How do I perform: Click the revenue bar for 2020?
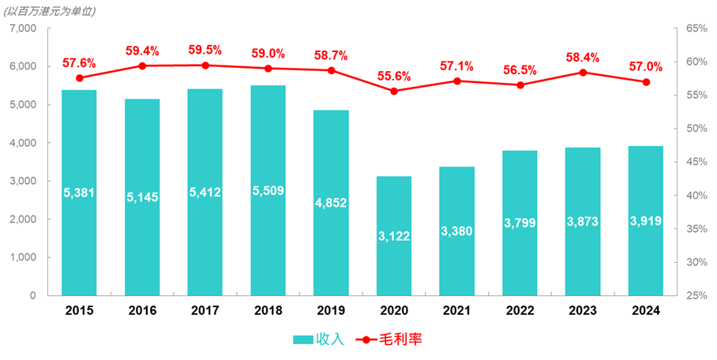tap(394, 236)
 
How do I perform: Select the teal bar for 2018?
tap(268, 190)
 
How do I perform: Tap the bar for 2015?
tap(79, 193)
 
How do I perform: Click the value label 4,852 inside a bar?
tap(331, 203)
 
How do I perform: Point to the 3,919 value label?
tap(646, 221)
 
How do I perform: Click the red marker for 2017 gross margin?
tap(205, 66)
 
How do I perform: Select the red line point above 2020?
tap(394, 91)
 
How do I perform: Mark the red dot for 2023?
tap(583, 73)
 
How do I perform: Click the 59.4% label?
tap(142, 51)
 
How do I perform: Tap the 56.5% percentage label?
tap(520, 70)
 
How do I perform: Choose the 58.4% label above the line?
tap(583, 58)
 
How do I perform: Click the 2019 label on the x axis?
tap(331, 311)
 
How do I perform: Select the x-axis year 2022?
tap(520, 311)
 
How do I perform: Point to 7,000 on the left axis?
tap(24, 28)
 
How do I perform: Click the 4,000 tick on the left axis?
tap(24, 143)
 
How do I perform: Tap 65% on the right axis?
tap(696, 28)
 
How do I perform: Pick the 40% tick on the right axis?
tap(696, 195)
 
